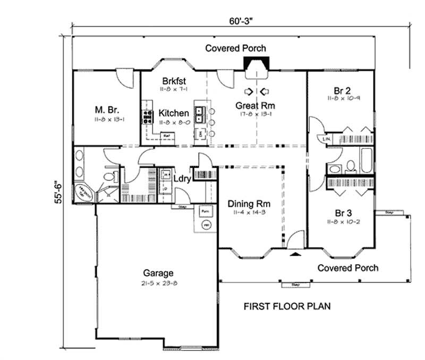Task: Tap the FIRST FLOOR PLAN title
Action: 287,306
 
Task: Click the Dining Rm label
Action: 249,204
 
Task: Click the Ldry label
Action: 182,178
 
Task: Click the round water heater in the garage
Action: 206,225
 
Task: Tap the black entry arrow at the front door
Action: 294,255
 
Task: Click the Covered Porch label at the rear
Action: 236,48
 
